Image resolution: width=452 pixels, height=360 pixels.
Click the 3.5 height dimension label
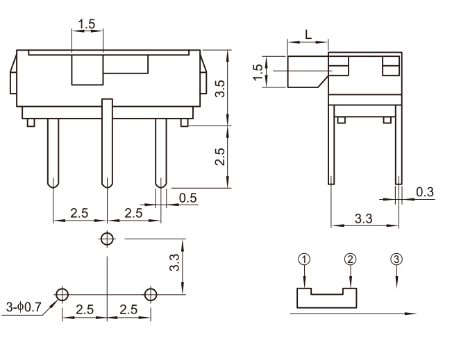220,88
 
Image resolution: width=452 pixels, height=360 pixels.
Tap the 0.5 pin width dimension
187,198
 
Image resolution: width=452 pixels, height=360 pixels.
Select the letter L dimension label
307,33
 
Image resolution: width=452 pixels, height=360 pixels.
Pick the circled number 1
303,259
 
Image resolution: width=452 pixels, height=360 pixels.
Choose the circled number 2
350,259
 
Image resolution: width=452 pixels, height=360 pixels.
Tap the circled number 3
396,259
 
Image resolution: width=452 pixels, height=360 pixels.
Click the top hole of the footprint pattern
106,239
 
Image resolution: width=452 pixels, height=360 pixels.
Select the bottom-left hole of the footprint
62,294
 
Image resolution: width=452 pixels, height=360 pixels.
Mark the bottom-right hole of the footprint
151,294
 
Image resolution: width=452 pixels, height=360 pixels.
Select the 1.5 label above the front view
87,24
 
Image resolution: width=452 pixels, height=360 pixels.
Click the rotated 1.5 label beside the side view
258,71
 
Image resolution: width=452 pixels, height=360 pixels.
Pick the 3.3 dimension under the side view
363,219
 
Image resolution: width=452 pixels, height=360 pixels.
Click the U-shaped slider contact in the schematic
326,299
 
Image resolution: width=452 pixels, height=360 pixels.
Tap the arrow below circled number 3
396,279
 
